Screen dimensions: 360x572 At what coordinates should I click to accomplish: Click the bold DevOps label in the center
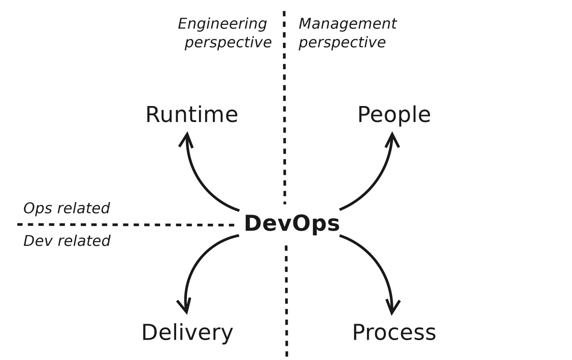pos(292,224)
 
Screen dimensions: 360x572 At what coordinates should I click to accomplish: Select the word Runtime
pos(192,115)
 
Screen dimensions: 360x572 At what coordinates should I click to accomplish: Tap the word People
pos(394,115)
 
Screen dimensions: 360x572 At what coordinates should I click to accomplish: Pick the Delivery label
pos(187,333)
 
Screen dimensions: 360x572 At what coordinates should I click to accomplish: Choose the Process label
pos(394,333)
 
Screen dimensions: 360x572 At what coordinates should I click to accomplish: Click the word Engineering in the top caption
pos(222,24)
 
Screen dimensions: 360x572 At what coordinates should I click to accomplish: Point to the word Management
pos(347,24)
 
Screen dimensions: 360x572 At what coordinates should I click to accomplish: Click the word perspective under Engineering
pos(228,42)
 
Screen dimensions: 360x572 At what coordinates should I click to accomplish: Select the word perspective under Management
pos(342,42)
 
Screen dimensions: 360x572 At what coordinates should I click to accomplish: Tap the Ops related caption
pos(66,208)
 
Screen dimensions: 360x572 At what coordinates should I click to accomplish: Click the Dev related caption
pos(67,241)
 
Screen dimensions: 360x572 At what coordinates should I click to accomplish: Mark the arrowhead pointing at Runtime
pos(186,138)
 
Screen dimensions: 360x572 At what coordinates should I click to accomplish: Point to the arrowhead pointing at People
pos(392,138)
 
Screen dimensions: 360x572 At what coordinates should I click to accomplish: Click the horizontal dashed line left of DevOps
pos(125,225)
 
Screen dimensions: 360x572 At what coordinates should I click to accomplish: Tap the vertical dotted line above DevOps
pos(284,108)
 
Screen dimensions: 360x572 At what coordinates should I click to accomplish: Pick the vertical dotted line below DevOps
pos(286,303)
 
